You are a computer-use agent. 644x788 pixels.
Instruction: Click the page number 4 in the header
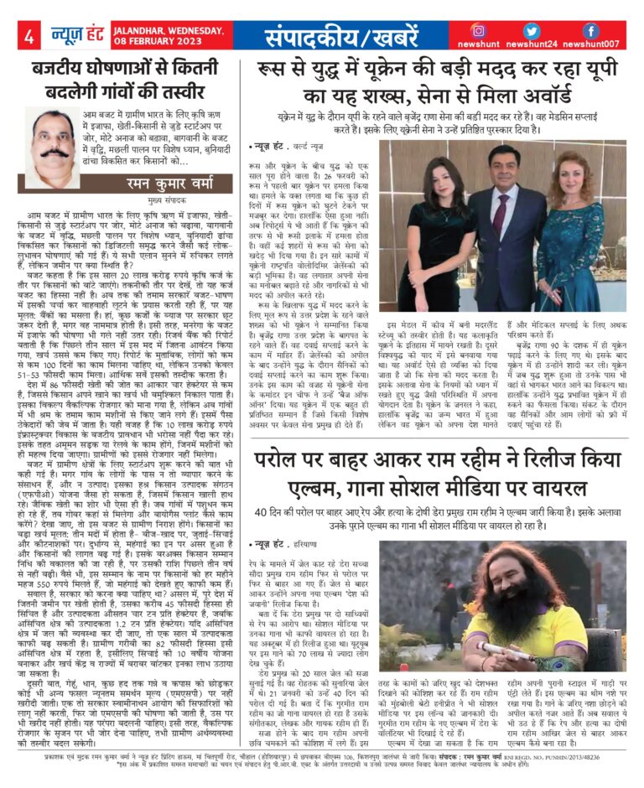pos(29,35)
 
